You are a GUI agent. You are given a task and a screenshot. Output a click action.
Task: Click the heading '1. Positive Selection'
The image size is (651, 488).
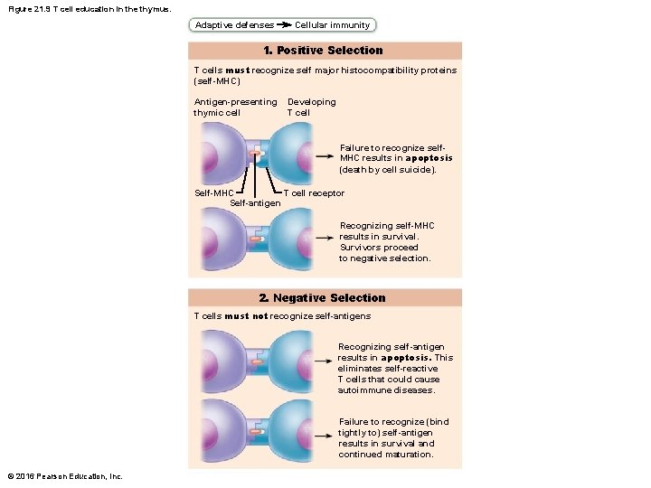pos(323,51)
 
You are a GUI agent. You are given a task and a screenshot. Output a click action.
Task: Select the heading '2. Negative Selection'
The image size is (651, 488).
pos(322,297)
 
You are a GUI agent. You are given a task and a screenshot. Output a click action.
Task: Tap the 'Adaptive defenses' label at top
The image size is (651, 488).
pos(234,25)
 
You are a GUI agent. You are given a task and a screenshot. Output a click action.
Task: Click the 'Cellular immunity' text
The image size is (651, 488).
pos(332,25)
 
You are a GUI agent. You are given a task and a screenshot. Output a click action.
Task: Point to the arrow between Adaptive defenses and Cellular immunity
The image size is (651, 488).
pos(283,25)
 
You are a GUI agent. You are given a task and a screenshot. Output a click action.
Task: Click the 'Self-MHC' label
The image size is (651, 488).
pos(214,192)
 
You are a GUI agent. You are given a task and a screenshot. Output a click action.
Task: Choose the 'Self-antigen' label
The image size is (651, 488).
pos(255,202)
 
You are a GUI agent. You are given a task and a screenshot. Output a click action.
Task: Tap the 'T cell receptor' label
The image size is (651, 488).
pos(314,192)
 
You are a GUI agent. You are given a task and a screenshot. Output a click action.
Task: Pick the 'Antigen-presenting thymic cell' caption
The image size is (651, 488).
pos(235,108)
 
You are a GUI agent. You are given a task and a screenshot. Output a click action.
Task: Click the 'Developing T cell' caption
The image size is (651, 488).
pos(311,108)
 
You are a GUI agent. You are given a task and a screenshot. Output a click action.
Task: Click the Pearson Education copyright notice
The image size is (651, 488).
pos(64,476)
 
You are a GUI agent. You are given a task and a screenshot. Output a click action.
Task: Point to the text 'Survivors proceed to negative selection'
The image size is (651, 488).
pos(384,253)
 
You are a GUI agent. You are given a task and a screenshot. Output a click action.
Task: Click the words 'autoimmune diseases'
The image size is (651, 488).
pos(386,390)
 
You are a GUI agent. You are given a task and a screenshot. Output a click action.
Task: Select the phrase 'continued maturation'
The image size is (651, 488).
pos(386,455)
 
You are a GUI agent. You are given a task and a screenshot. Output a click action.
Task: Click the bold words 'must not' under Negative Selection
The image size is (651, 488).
pos(246,316)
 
